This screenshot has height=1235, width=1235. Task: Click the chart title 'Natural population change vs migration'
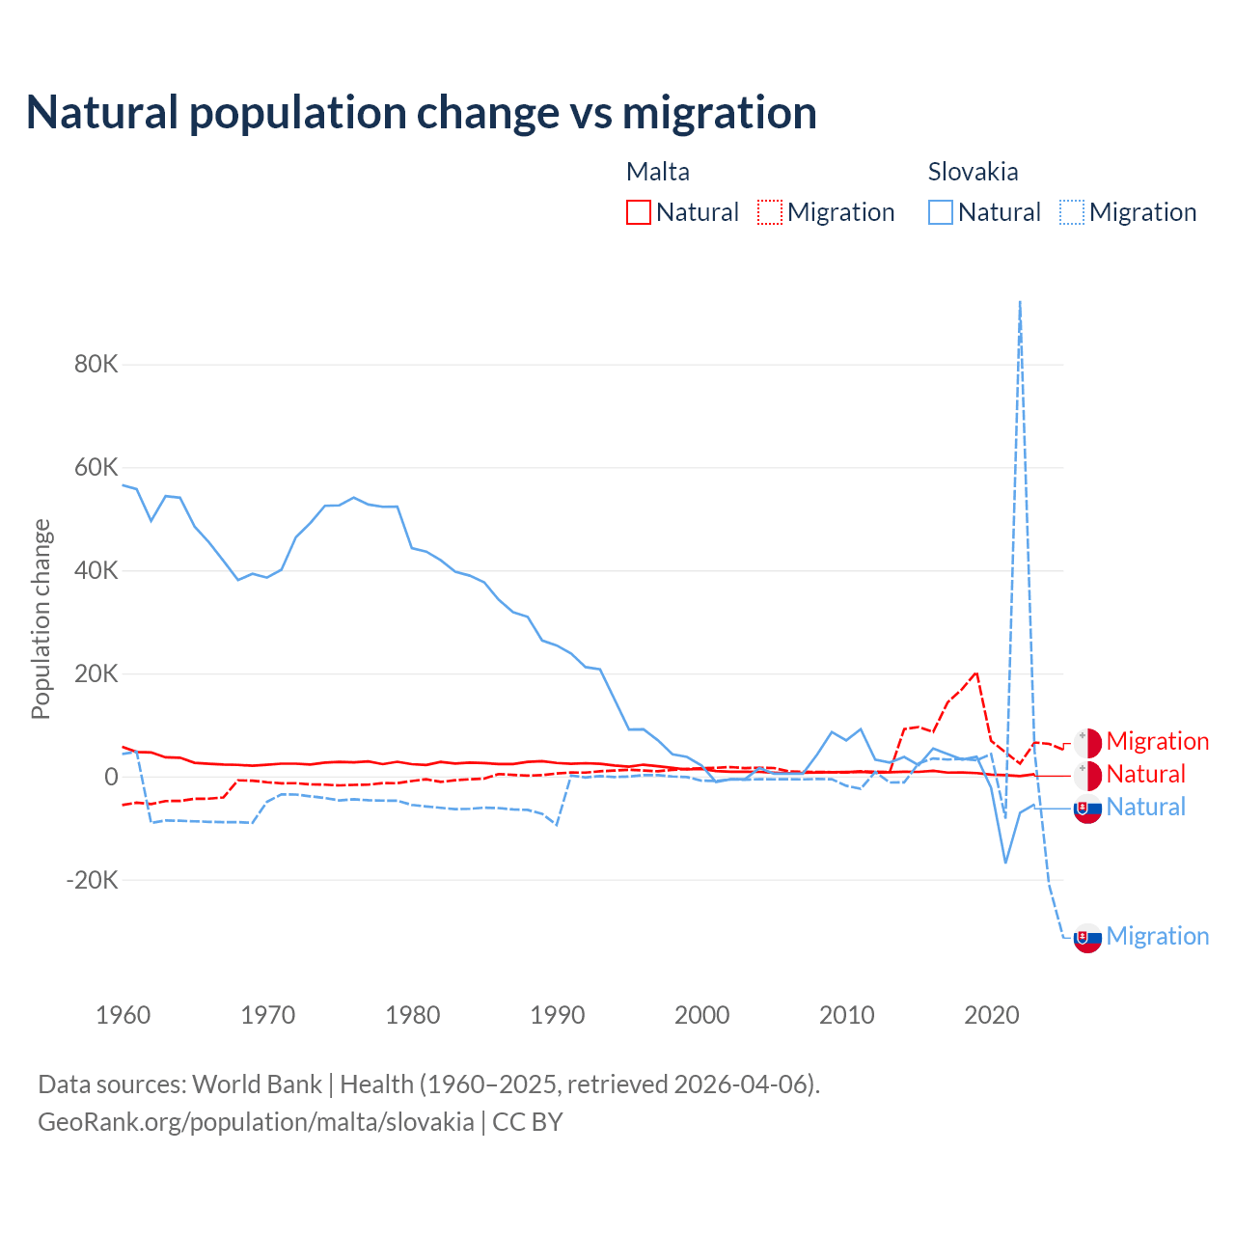[422, 113]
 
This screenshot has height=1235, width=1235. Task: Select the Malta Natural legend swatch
[639, 212]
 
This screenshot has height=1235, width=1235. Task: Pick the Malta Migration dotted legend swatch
[770, 212]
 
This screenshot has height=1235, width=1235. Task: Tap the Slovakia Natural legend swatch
[941, 212]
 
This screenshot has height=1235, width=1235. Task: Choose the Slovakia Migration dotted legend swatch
[1072, 212]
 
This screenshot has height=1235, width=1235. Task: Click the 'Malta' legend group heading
[658, 172]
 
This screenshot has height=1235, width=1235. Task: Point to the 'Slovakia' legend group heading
[973, 172]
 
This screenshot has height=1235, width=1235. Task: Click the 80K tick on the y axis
[96, 365]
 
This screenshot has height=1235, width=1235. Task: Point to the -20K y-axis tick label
[93, 880]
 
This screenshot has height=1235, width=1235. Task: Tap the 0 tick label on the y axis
[112, 777]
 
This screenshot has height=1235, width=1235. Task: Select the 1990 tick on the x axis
[558, 1015]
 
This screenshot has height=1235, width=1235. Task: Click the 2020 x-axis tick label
[992, 1015]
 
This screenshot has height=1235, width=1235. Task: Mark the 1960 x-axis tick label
[123, 1015]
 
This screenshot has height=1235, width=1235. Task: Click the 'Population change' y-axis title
[41, 619]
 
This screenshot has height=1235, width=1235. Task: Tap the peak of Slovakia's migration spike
[1020, 303]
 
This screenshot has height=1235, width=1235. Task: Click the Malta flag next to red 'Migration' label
[1087, 743]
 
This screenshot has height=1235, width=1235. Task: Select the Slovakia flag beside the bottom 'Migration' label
[1087, 938]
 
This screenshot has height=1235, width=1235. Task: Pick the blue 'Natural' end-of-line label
[1145, 808]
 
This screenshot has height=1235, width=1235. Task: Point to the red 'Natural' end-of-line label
[1145, 775]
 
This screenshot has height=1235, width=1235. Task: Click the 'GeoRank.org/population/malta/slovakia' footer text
[256, 1122]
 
